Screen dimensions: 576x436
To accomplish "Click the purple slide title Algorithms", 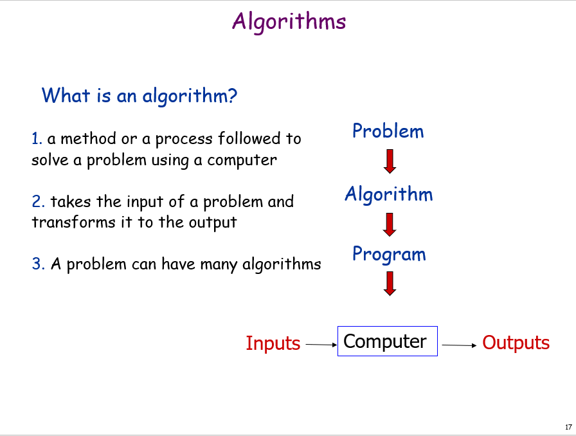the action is (289, 22).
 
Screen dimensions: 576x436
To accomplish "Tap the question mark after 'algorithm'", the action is (233, 96).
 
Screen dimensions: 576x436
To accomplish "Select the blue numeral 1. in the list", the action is (37, 139).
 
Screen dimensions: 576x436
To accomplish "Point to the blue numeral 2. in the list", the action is (38, 201).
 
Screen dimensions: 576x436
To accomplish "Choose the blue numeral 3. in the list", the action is (38, 264).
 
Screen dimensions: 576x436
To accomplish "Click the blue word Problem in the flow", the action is (388, 131).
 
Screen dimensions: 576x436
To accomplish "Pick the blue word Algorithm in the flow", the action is (389, 194).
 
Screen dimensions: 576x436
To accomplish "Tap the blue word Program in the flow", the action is (389, 254).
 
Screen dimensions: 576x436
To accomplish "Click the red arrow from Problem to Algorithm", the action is (390, 161).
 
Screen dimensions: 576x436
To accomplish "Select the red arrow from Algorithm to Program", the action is (390, 224).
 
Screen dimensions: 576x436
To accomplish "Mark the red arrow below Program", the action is (390, 284).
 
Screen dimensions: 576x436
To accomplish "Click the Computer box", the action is (388, 341).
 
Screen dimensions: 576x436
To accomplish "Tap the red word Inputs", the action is (273, 343).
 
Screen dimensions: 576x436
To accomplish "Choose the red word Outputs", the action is (516, 343).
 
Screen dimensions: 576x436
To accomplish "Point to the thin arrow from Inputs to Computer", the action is (321, 345).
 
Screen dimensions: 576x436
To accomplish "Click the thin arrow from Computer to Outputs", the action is (459, 345).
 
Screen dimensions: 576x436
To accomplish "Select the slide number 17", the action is (568, 427).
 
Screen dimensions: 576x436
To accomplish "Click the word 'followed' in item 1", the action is (249, 139).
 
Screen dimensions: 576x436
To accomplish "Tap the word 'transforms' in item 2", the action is (73, 223).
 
